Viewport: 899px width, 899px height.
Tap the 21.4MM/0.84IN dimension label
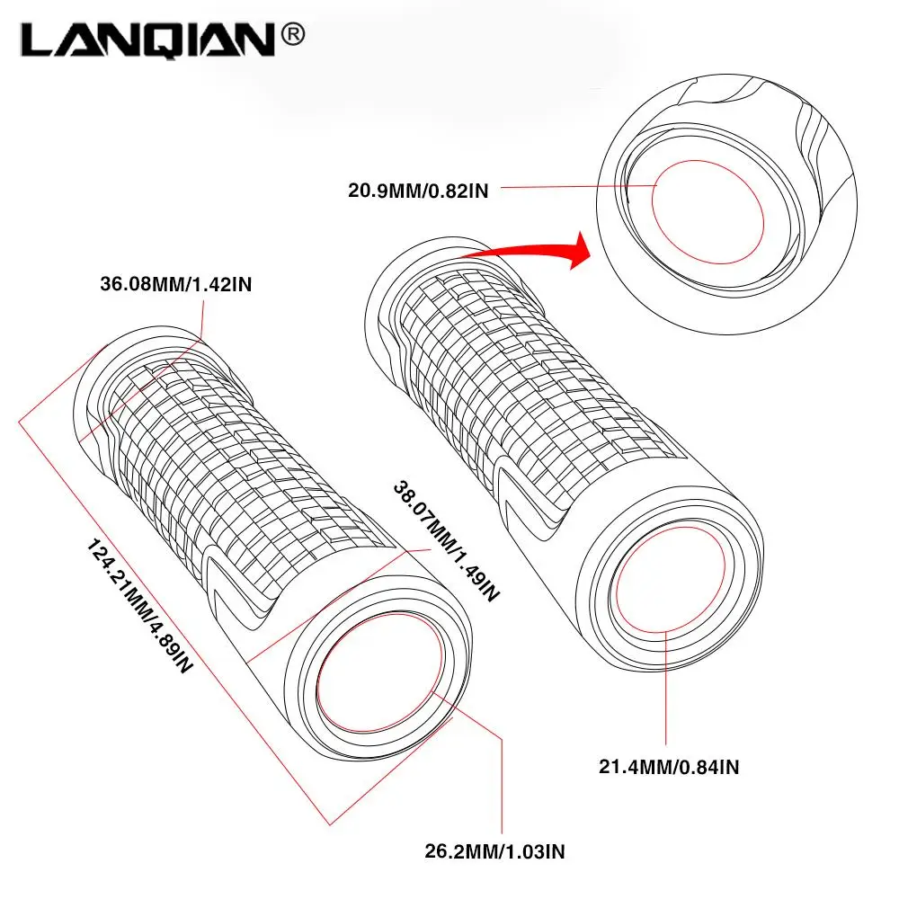pyautogui.click(x=669, y=767)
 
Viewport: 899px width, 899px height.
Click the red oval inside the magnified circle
pyautogui.click(x=707, y=212)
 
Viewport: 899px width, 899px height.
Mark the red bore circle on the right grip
pyautogui.click(x=666, y=580)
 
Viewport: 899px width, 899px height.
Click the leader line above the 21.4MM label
pyautogui.click(x=666, y=692)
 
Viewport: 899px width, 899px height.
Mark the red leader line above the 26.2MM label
pyautogui.click(x=500, y=782)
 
